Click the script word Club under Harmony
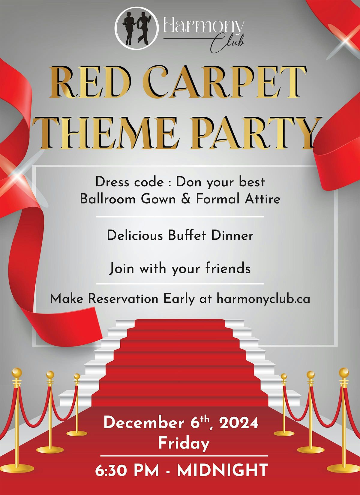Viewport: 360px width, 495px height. tap(227, 44)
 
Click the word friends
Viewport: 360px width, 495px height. tap(228, 268)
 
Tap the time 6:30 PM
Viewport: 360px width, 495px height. tap(127, 470)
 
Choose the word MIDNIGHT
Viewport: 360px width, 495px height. tap(222, 470)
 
